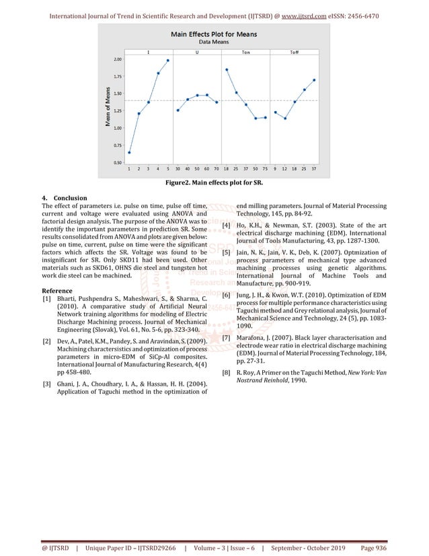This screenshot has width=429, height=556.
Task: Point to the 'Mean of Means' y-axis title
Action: point(108,108)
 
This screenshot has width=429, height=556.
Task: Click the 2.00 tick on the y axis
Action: point(118,59)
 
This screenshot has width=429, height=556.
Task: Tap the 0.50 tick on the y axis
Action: point(118,162)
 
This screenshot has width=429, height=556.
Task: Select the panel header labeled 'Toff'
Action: point(295,52)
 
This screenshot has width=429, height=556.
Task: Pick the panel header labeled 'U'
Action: point(197,52)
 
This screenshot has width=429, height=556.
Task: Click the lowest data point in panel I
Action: point(129,152)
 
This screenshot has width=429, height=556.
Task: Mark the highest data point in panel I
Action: point(168,61)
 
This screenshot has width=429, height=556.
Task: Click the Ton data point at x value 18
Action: point(227,69)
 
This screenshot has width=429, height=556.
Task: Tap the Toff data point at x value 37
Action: point(314,79)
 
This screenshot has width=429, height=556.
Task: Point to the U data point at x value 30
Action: point(178,110)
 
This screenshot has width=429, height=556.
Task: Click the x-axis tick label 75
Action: point(265,168)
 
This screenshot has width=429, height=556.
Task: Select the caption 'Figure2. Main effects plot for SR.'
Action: point(214,182)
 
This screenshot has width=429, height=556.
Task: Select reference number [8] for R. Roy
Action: point(227,371)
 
